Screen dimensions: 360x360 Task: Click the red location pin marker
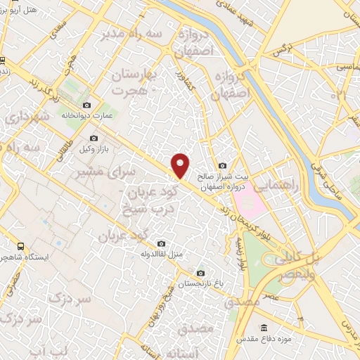[x=181, y=166]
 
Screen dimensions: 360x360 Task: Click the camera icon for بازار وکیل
[x=95, y=139]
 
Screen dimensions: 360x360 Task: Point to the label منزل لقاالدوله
[x=163, y=253]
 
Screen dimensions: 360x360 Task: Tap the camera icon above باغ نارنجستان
[x=201, y=273]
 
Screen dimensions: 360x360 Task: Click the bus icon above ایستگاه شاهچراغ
[x=20, y=247]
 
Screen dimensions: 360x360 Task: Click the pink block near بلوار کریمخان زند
[x=250, y=205]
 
